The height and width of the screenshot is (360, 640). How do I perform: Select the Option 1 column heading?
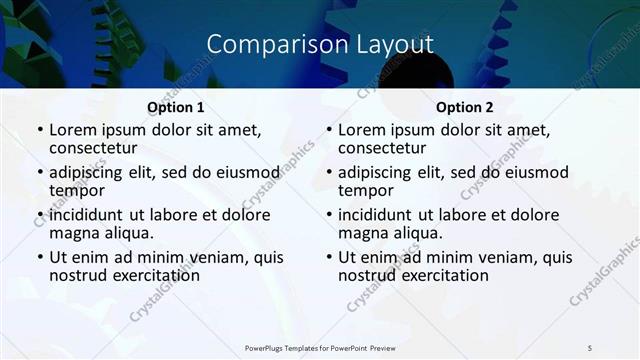176,107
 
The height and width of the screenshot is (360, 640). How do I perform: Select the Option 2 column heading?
465,107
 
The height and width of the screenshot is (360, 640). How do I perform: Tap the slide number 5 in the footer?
590,347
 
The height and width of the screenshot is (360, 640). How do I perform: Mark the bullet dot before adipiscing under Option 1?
40,173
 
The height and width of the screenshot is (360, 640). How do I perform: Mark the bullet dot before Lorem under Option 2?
329,131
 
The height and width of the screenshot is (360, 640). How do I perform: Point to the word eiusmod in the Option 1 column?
247,172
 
